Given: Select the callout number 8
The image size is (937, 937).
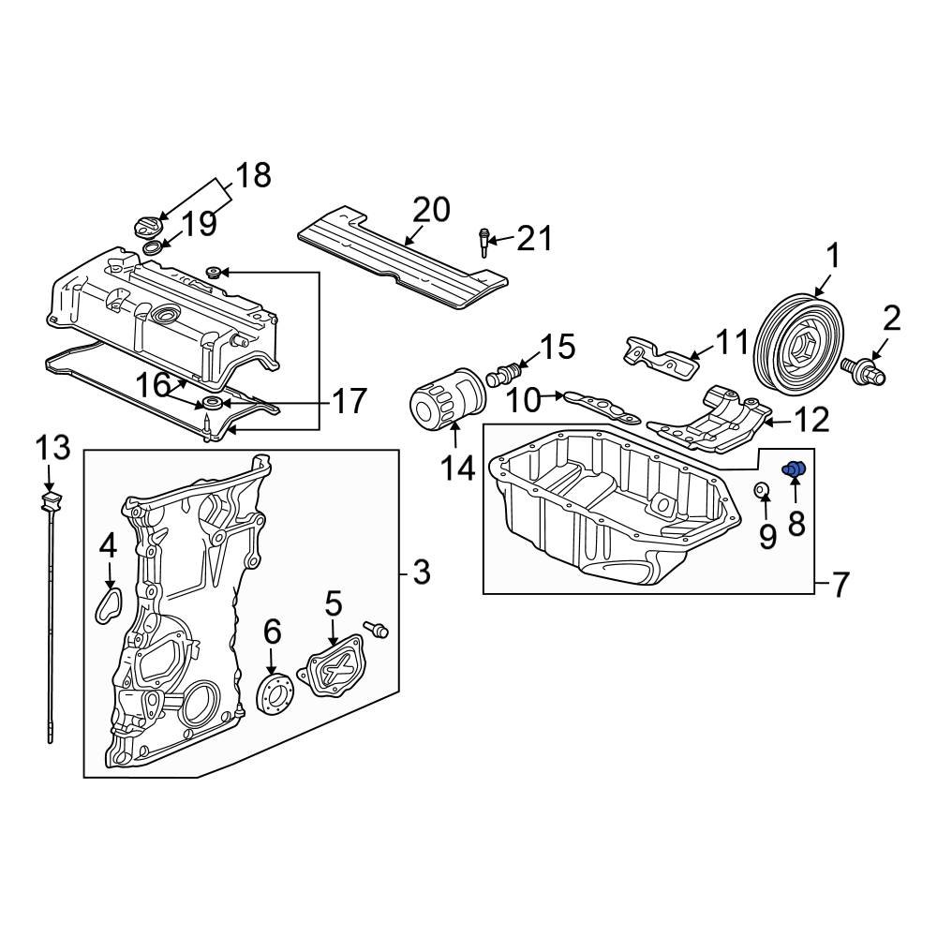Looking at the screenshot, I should (796, 524).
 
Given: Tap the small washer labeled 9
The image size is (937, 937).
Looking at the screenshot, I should (763, 488).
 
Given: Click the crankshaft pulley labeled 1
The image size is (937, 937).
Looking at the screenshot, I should (801, 342).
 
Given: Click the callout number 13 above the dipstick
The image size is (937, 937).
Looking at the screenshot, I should (53, 449).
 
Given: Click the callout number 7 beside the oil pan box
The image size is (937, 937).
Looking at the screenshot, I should (839, 586).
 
